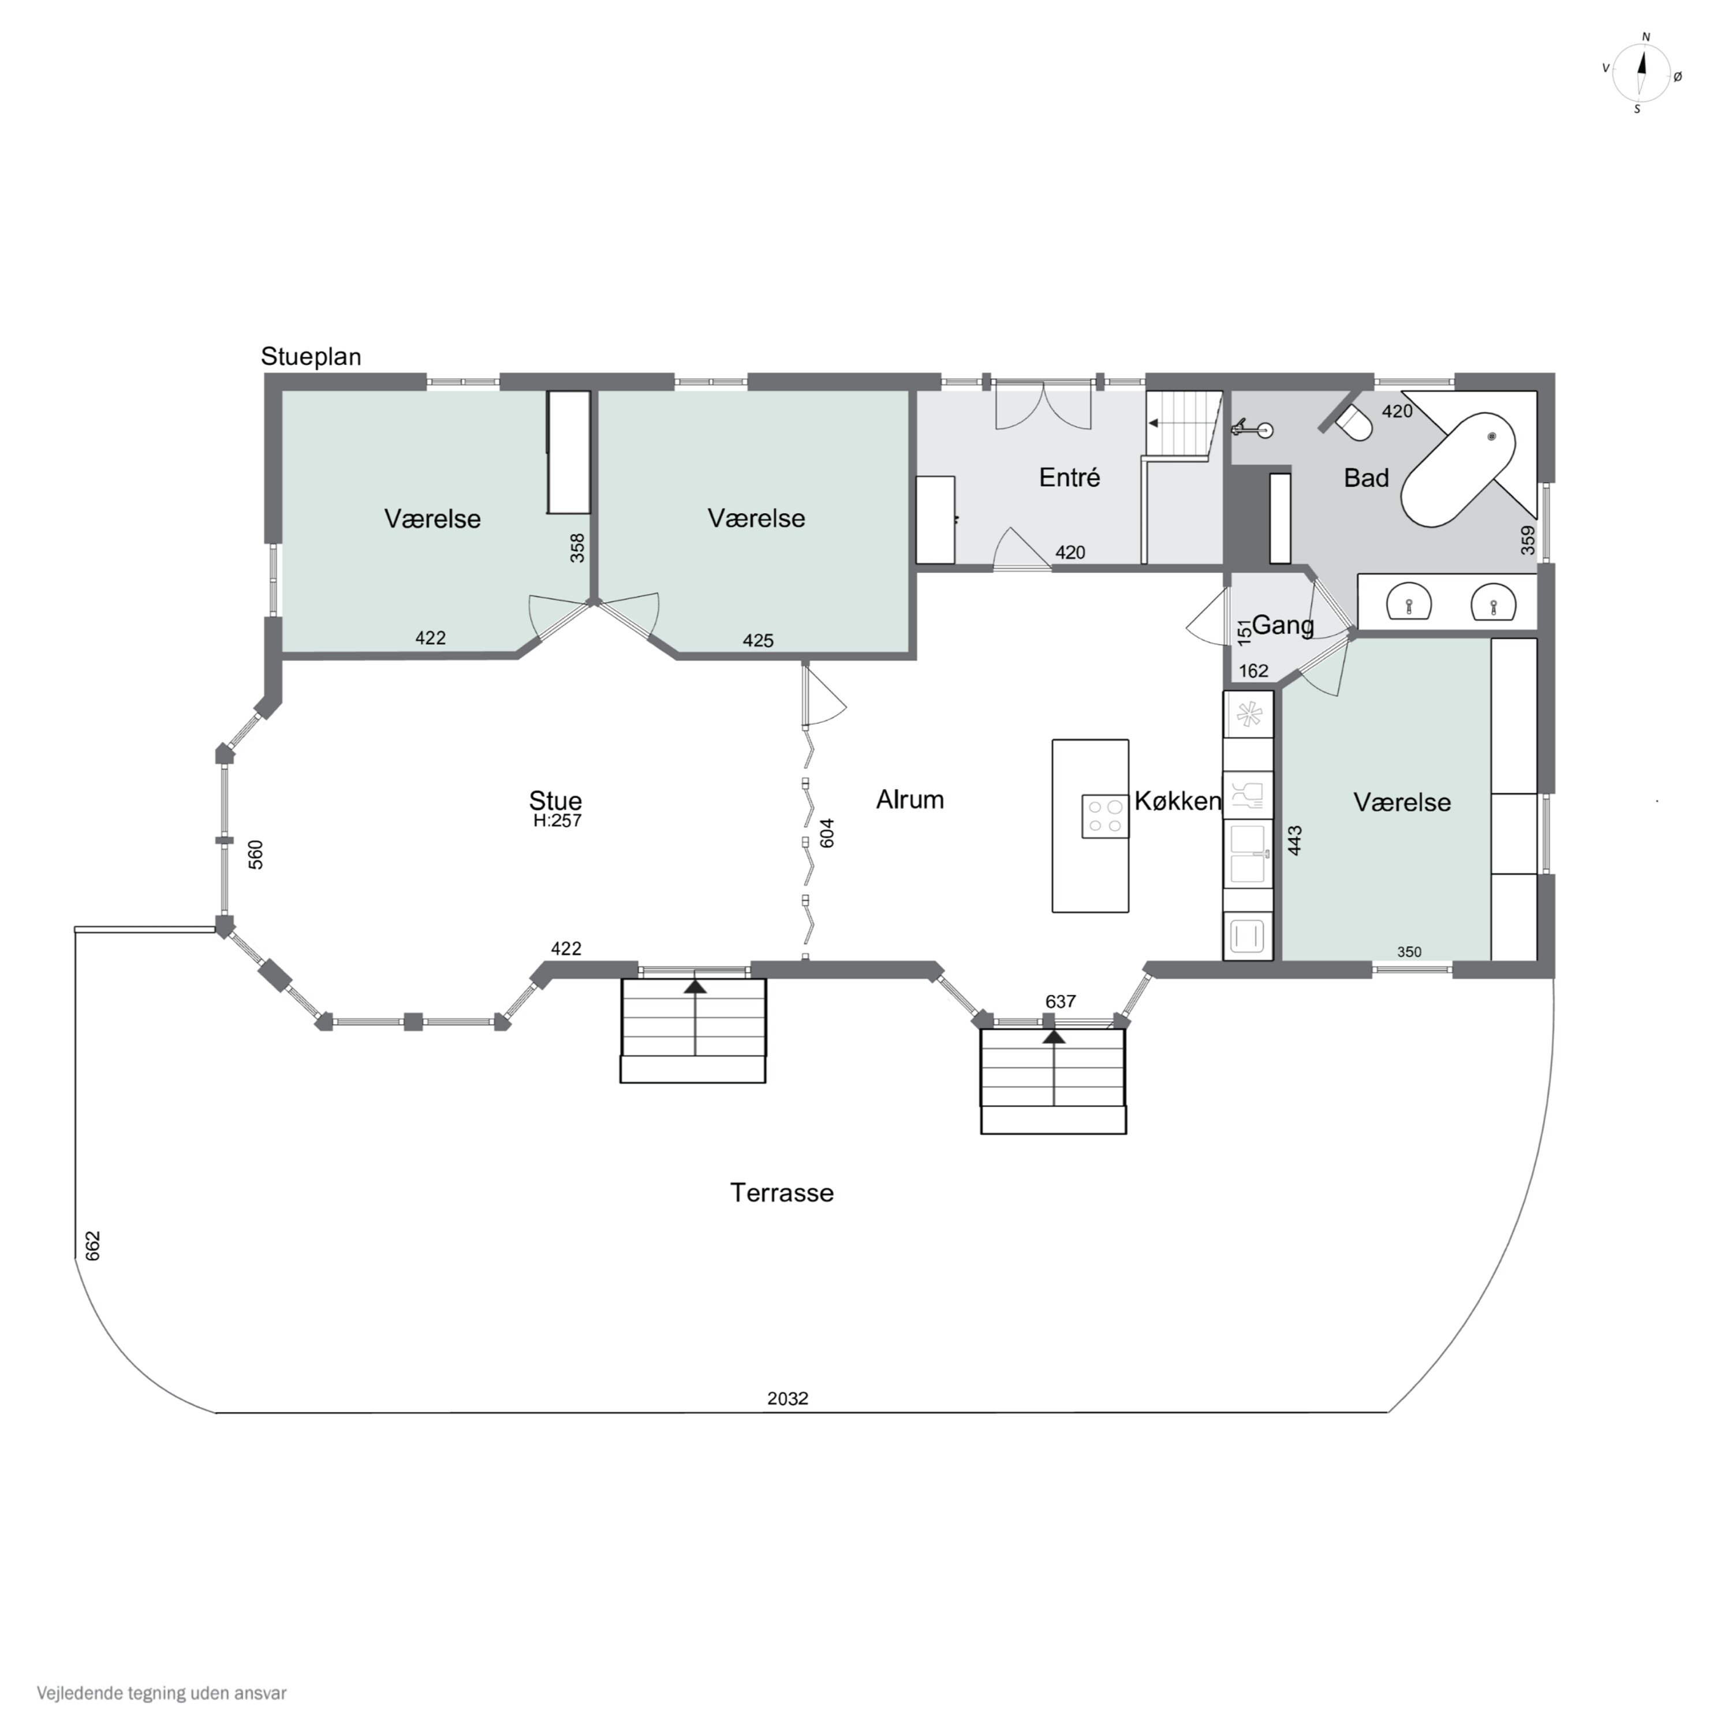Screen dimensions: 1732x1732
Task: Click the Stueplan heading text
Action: [311, 357]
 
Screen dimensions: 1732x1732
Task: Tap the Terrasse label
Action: [782, 1192]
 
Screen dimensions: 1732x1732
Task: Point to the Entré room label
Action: [1069, 477]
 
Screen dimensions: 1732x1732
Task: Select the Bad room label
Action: [1366, 478]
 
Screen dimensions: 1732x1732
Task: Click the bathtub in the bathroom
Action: [1458, 469]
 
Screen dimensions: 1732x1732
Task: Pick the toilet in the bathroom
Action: [1354, 423]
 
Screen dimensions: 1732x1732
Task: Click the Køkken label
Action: [1178, 801]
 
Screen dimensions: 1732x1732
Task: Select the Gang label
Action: [1283, 625]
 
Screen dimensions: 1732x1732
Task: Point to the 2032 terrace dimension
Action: [788, 1398]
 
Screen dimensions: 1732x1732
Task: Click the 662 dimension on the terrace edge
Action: [92, 1246]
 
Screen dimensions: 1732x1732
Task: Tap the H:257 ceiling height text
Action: [558, 820]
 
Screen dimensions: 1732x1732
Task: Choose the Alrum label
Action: [910, 800]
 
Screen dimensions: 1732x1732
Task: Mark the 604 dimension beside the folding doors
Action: [827, 833]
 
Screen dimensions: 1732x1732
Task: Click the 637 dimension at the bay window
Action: [1061, 1001]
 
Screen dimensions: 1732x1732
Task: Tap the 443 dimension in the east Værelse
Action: [1294, 840]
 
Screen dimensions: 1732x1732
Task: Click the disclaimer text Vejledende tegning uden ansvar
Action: [162, 1693]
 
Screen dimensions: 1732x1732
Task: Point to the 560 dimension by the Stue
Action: [256, 854]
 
